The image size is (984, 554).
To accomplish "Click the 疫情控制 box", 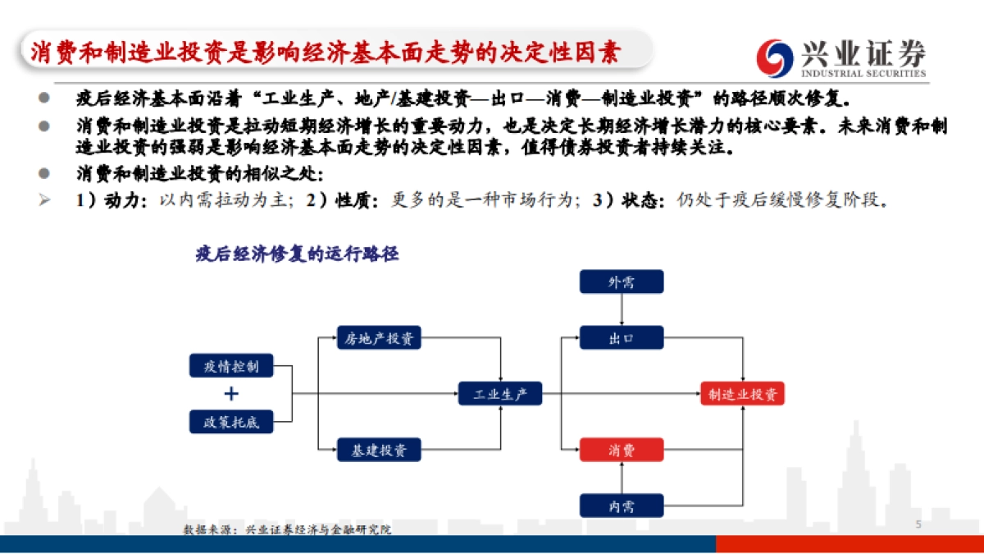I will (230, 366).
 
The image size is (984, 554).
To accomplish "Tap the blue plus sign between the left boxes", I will (231, 394).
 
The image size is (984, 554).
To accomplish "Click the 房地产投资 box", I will (379, 337).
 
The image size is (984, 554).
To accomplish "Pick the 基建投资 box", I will (379, 449).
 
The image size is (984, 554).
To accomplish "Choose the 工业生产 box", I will (499, 394).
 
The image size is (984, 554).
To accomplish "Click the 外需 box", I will (621, 282).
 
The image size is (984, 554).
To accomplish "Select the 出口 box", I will (621, 337).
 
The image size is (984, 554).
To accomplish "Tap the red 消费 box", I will (621, 449).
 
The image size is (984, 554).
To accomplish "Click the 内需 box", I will (621, 506).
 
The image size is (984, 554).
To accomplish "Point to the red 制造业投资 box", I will (743, 394).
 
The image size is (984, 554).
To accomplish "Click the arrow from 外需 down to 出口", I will (622, 310).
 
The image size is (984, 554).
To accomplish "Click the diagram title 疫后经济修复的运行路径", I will (297, 254).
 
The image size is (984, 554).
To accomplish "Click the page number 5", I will (918, 524).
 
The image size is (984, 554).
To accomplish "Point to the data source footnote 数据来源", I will (287, 530).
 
